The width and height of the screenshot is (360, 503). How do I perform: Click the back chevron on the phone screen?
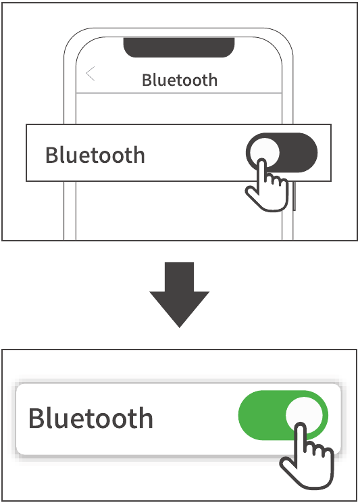pos(91,74)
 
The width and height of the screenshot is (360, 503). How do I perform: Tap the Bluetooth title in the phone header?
pos(180,80)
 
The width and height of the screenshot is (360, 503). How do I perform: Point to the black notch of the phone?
pos(179,46)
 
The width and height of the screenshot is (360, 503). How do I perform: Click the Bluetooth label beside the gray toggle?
pos(95,155)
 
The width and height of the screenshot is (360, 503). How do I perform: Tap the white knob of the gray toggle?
pos(263,151)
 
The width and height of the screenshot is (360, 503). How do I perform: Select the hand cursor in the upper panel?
pos(267,189)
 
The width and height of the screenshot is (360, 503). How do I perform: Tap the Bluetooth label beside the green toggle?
pos(91,418)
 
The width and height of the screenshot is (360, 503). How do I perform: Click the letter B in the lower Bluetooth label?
pos(37,418)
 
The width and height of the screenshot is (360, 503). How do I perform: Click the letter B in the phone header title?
pos(147,80)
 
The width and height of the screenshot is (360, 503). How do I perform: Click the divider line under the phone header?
pos(180,93)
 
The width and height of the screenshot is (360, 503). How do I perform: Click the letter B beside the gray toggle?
pos(52,155)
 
